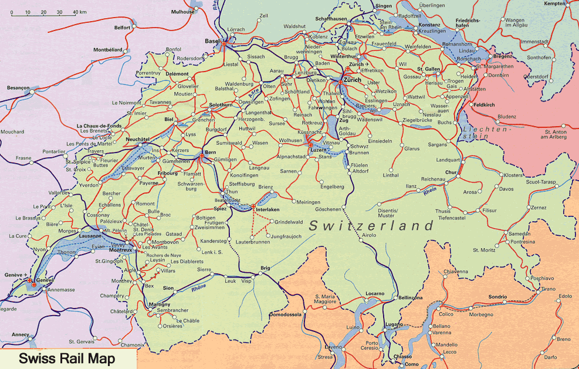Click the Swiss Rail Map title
[x=66, y=358]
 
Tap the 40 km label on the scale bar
[x=79, y=12]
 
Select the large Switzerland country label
[x=371, y=225]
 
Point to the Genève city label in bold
[x=45, y=280]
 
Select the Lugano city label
[x=394, y=324]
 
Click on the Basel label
[x=211, y=41]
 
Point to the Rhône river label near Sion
[x=200, y=287]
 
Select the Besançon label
[x=18, y=87]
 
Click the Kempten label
[x=561, y=4]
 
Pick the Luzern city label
[x=317, y=150]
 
